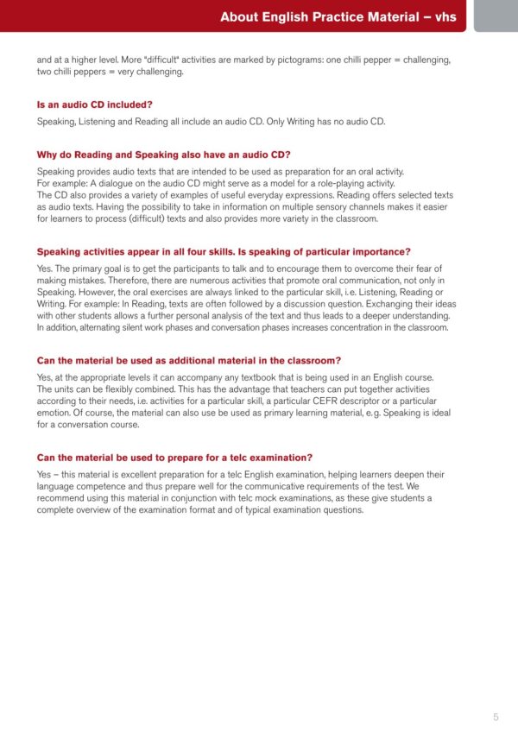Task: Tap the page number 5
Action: pos(496,717)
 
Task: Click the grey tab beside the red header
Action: pos(496,16)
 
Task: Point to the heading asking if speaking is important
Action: pos(224,252)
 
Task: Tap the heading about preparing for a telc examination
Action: pos(174,457)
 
